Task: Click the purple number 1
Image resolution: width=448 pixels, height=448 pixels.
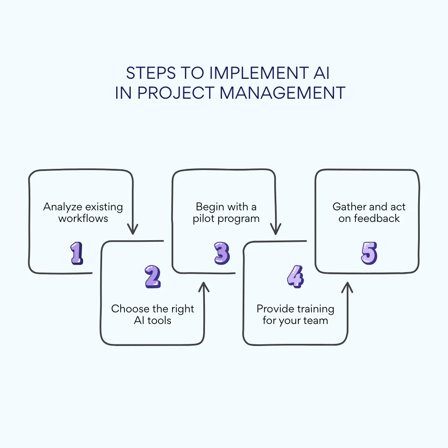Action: (x=77, y=253)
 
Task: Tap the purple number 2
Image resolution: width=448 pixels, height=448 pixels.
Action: (x=153, y=277)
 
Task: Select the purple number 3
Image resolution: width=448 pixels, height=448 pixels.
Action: (x=222, y=253)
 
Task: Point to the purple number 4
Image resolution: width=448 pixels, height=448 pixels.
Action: (x=295, y=277)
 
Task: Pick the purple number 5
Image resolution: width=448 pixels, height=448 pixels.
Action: (x=369, y=253)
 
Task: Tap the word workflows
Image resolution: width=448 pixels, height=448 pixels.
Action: (x=83, y=218)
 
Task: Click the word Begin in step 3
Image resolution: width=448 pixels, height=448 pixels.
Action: (x=209, y=207)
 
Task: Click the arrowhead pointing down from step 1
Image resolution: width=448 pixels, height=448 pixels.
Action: (x=132, y=229)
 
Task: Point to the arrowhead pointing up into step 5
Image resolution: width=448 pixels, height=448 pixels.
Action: (x=347, y=287)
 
